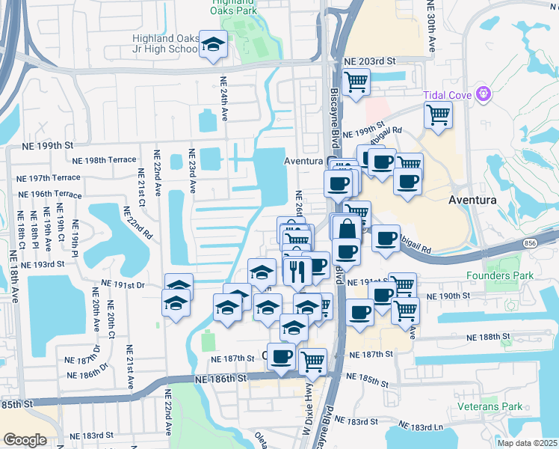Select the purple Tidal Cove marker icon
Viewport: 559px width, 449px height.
pos(484,94)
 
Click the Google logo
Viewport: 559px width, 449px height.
pos(25,440)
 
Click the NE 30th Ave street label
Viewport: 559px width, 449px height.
pos(430,26)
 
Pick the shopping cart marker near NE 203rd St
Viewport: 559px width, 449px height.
pos(356,81)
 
